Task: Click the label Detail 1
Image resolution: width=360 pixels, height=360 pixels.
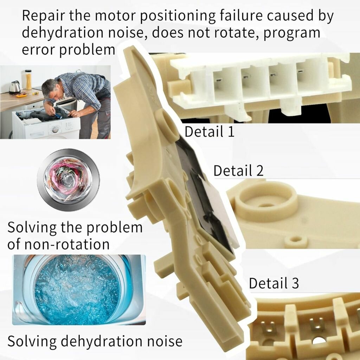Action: tap(210, 131)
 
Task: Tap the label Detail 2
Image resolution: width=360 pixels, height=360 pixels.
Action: tap(239, 171)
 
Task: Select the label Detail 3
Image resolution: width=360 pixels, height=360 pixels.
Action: tap(274, 283)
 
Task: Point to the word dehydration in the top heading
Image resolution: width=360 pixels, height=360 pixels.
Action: tap(63, 32)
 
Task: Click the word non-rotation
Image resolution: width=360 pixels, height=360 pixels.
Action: tap(67, 244)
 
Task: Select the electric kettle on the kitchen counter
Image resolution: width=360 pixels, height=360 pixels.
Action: tap(15, 88)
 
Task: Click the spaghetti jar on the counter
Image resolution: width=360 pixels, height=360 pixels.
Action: tap(28, 80)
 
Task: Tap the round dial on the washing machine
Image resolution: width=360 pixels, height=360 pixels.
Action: tap(55, 130)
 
